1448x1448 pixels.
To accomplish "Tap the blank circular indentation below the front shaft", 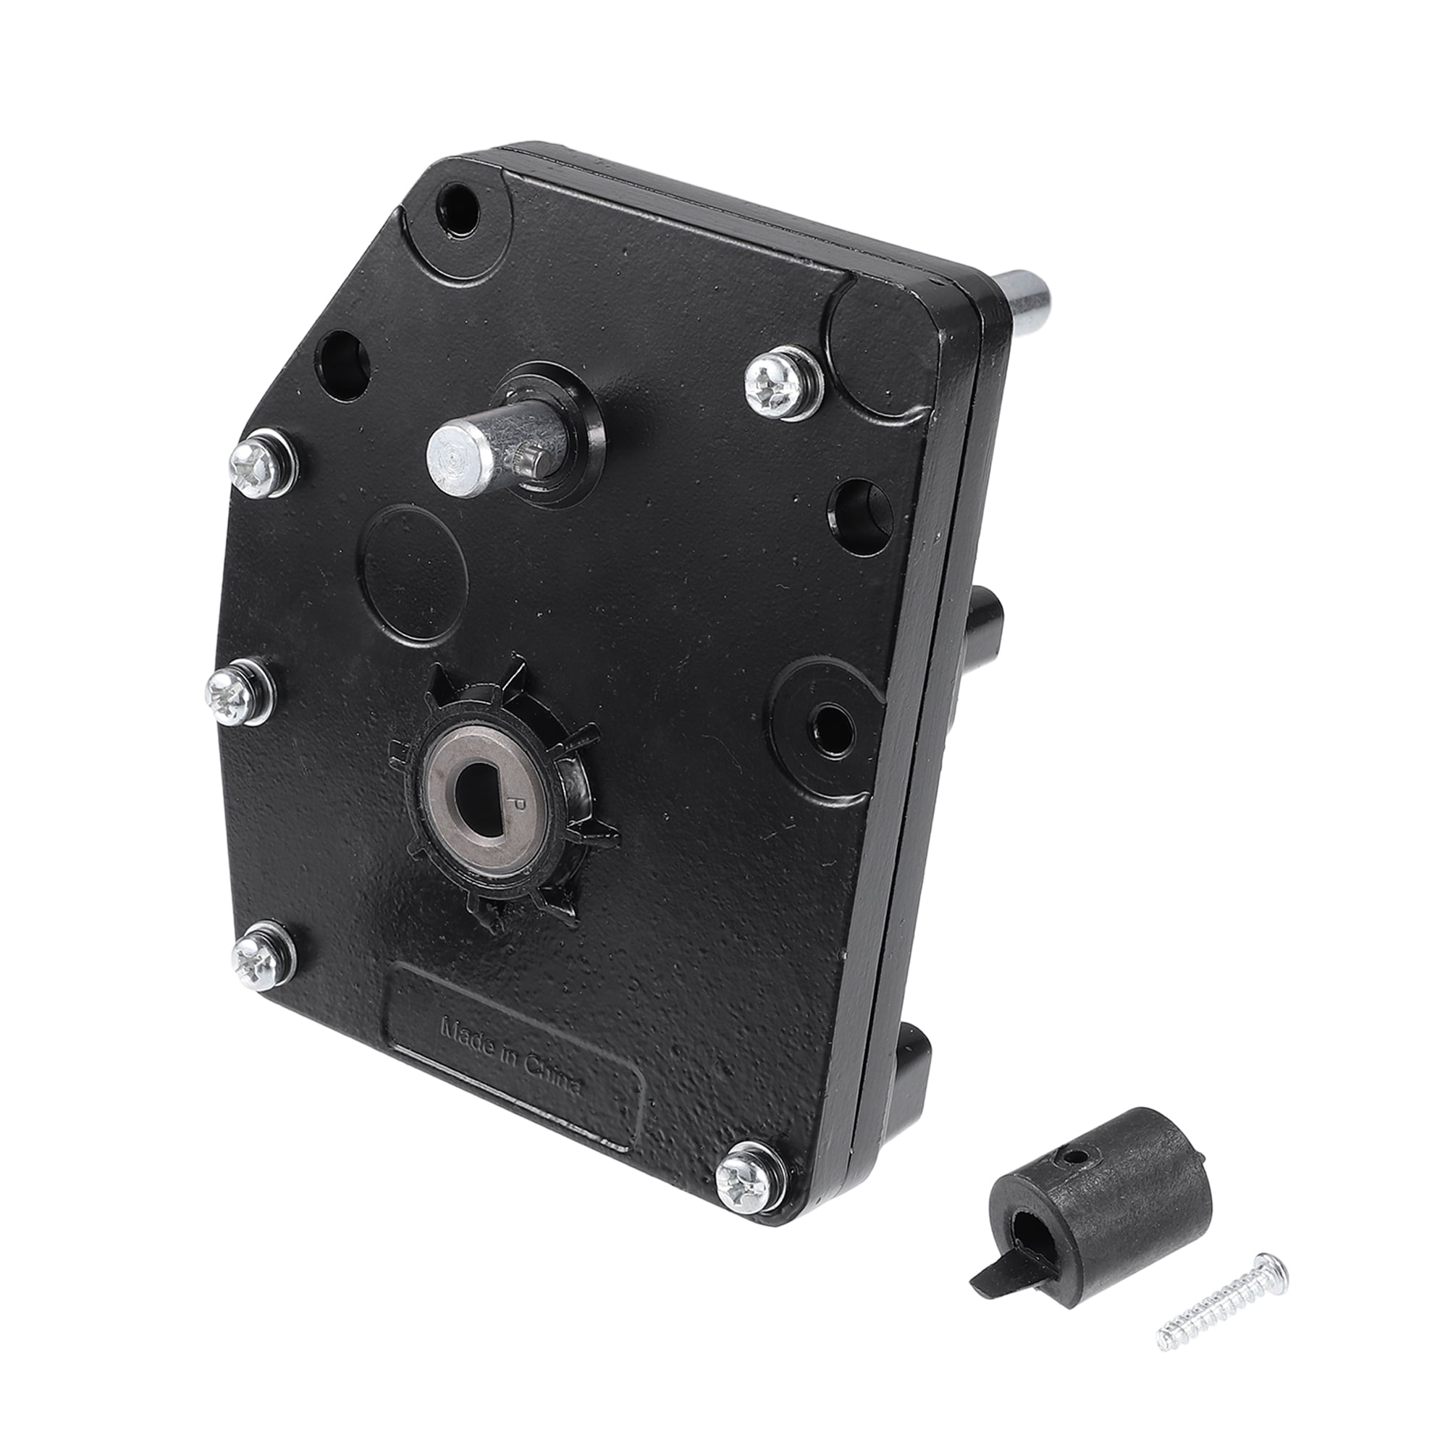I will pos(416,574).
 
